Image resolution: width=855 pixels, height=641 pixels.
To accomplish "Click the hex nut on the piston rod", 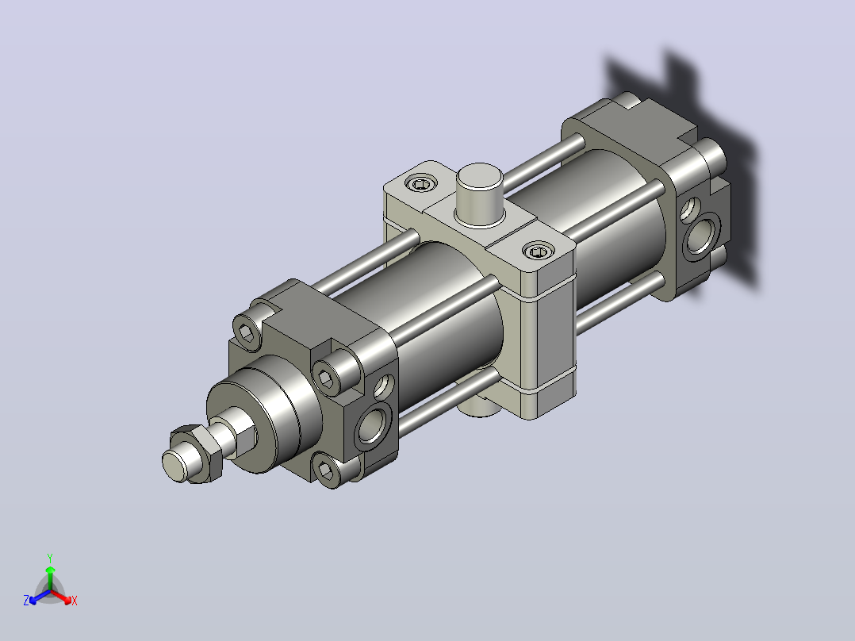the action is pos(197,453).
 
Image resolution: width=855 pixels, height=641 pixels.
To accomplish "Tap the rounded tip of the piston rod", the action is pos(174,466).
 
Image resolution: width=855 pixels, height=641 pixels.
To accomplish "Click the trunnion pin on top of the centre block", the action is pos(479,194).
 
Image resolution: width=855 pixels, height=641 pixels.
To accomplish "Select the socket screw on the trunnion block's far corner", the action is pos(421,184).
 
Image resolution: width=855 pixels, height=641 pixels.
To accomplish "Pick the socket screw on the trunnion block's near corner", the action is pos(539,251).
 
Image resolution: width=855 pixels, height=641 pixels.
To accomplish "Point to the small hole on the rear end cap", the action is pos(690,209).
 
